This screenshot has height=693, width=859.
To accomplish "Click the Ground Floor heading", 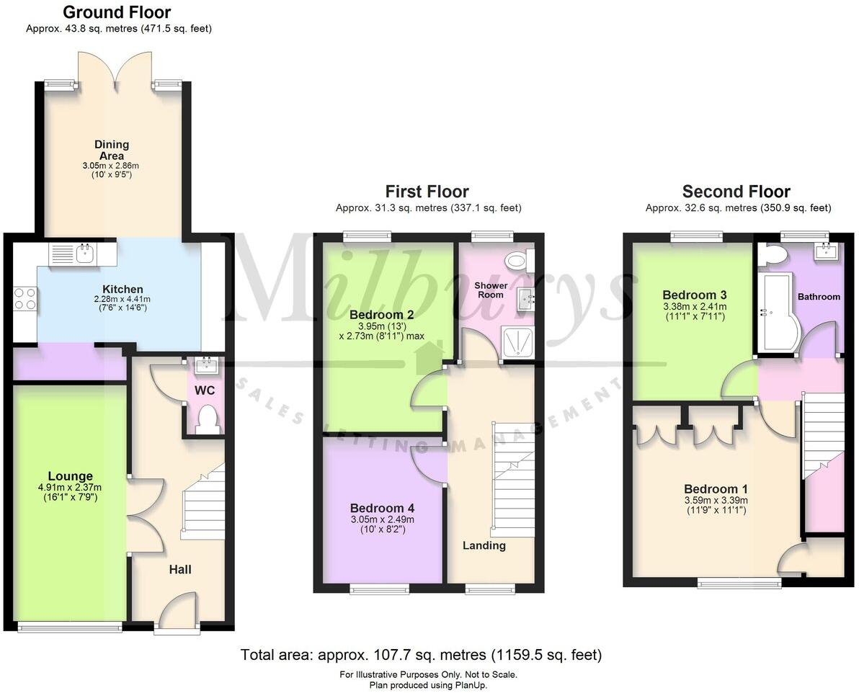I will pyautogui.click(x=117, y=12).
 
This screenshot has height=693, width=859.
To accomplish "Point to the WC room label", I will pyautogui.click(x=205, y=390).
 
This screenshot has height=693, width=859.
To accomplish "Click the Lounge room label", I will pyautogui.click(x=71, y=476).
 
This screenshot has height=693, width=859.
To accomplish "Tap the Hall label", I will pyautogui.click(x=180, y=570).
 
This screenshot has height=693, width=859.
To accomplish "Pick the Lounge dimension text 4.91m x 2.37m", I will pyautogui.click(x=71, y=487).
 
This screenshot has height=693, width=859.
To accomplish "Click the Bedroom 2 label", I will pyautogui.click(x=381, y=315).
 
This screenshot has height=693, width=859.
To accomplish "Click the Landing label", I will pyautogui.click(x=484, y=545).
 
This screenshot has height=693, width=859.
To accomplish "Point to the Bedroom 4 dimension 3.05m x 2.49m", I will pyautogui.click(x=381, y=519).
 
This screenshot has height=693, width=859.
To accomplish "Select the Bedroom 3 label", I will pyautogui.click(x=694, y=295).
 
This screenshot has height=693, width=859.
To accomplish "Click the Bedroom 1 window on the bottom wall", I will pyautogui.click(x=739, y=582).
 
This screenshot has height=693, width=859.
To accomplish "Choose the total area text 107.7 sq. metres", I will pyautogui.click(x=420, y=655).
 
